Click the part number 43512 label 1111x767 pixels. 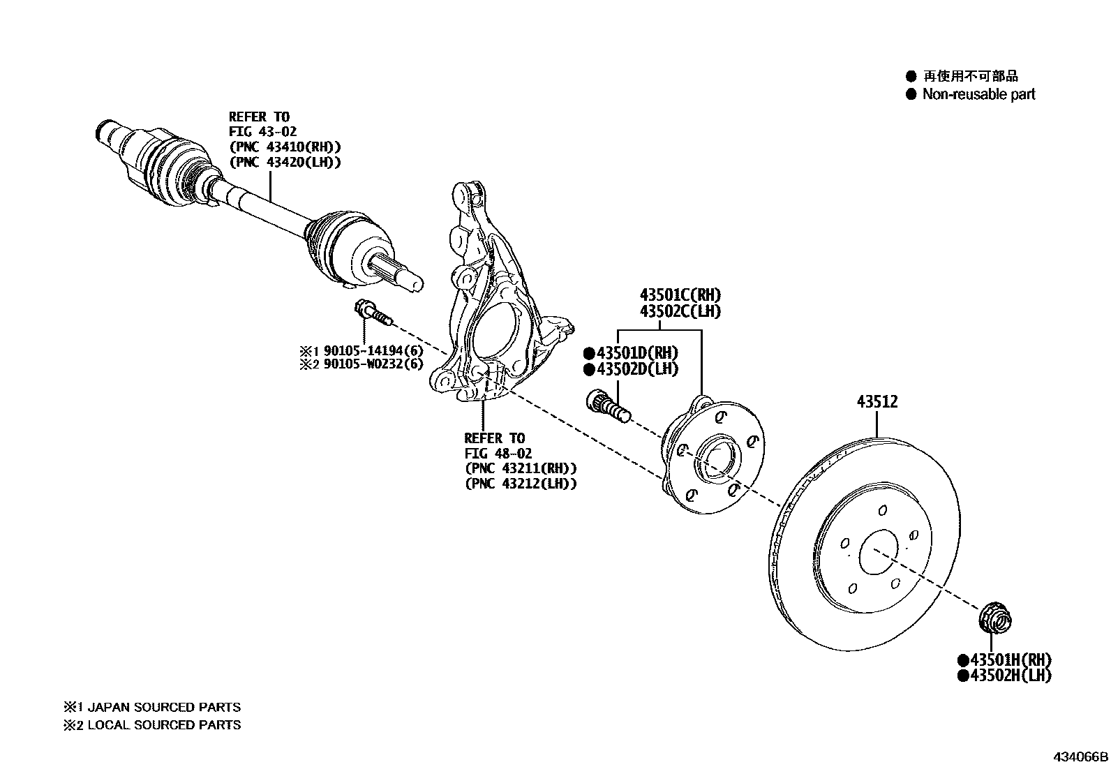[877, 402]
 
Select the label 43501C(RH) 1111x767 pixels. [680, 295]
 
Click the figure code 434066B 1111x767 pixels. [1081, 757]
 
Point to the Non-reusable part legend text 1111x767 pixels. [978, 94]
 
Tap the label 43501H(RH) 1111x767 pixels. [1010, 660]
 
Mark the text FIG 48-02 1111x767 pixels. [498, 454]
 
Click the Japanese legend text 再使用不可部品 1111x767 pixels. [971, 76]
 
